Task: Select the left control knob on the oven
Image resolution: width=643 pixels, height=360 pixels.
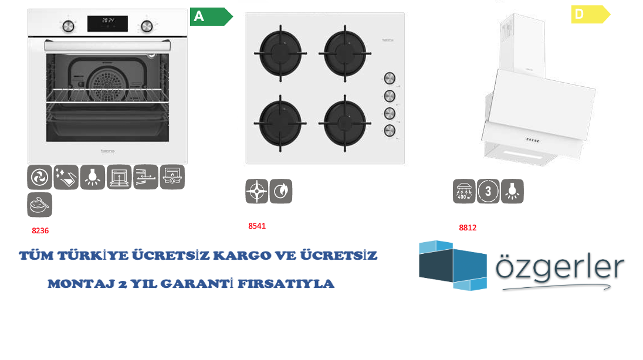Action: pyautogui.click(x=69, y=26)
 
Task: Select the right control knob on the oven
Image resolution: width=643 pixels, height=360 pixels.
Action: pyautogui.click(x=146, y=26)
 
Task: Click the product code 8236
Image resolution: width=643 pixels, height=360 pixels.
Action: pyautogui.click(x=40, y=231)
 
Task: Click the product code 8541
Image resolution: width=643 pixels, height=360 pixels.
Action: pyautogui.click(x=257, y=226)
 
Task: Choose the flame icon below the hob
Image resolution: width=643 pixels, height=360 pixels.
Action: pyautogui.click(x=281, y=192)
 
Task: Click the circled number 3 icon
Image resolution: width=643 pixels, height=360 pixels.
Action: pyautogui.click(x=488, y=191)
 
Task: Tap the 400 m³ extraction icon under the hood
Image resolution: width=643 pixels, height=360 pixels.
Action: pyautogui.click(x=464, y=191)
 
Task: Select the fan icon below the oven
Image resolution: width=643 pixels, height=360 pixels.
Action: pyautogui.click(x=39, y=177)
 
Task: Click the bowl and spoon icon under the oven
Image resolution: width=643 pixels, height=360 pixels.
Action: pyautogui.click(x=39, y=205)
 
